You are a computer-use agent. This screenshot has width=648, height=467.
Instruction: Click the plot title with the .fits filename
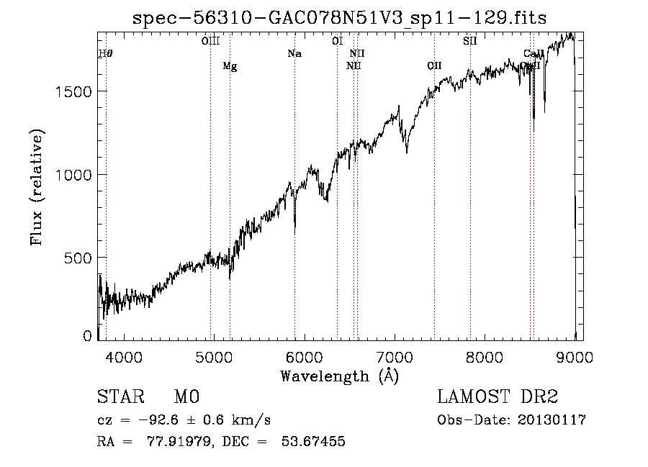[340, 18]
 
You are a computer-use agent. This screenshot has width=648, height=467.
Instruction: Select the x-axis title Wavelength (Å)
[339, 376]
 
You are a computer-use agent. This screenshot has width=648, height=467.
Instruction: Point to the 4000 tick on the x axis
[124, 357]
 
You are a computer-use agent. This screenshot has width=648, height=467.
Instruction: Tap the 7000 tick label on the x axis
[395, 357]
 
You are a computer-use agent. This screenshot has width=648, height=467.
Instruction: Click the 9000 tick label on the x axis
[575, 357]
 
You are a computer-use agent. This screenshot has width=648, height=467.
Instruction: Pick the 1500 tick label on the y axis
[73, 91]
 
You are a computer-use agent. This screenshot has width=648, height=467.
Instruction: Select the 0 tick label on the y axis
[88, 335]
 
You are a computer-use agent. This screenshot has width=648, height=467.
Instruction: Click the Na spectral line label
[294, 54]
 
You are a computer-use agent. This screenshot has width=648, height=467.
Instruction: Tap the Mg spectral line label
[230, 66]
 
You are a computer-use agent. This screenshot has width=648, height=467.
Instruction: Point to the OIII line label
[210, 41]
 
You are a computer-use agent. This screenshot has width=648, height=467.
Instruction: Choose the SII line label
[470, 41]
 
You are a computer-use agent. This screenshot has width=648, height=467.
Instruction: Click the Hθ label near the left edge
[106, 54]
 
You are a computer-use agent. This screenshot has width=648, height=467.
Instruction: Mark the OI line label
[337, 41]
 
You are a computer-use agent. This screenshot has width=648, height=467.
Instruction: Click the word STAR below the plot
[120, 398]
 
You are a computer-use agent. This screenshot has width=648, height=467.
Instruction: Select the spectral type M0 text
[186, 398]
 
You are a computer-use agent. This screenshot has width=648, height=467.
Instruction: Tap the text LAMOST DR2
[498, 398]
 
